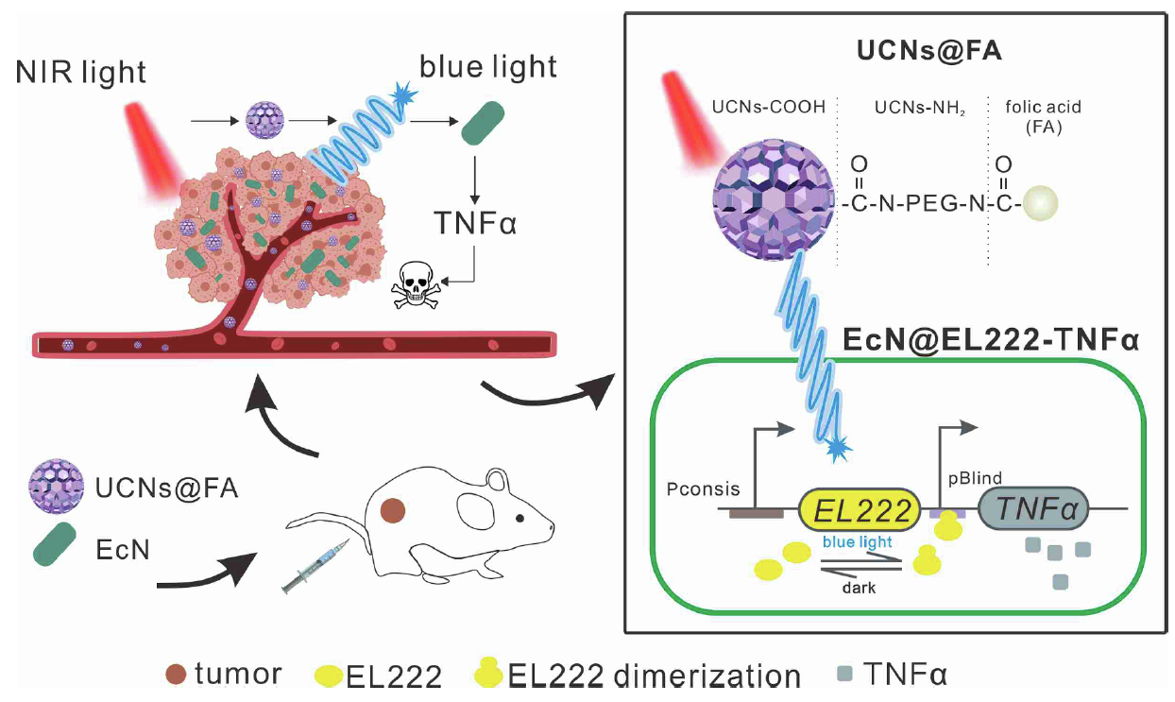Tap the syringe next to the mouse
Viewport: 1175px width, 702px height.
pyautogui.click(x=315, y=567)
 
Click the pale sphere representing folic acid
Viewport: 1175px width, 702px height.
pyautogui.click(x=1037, y=202)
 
